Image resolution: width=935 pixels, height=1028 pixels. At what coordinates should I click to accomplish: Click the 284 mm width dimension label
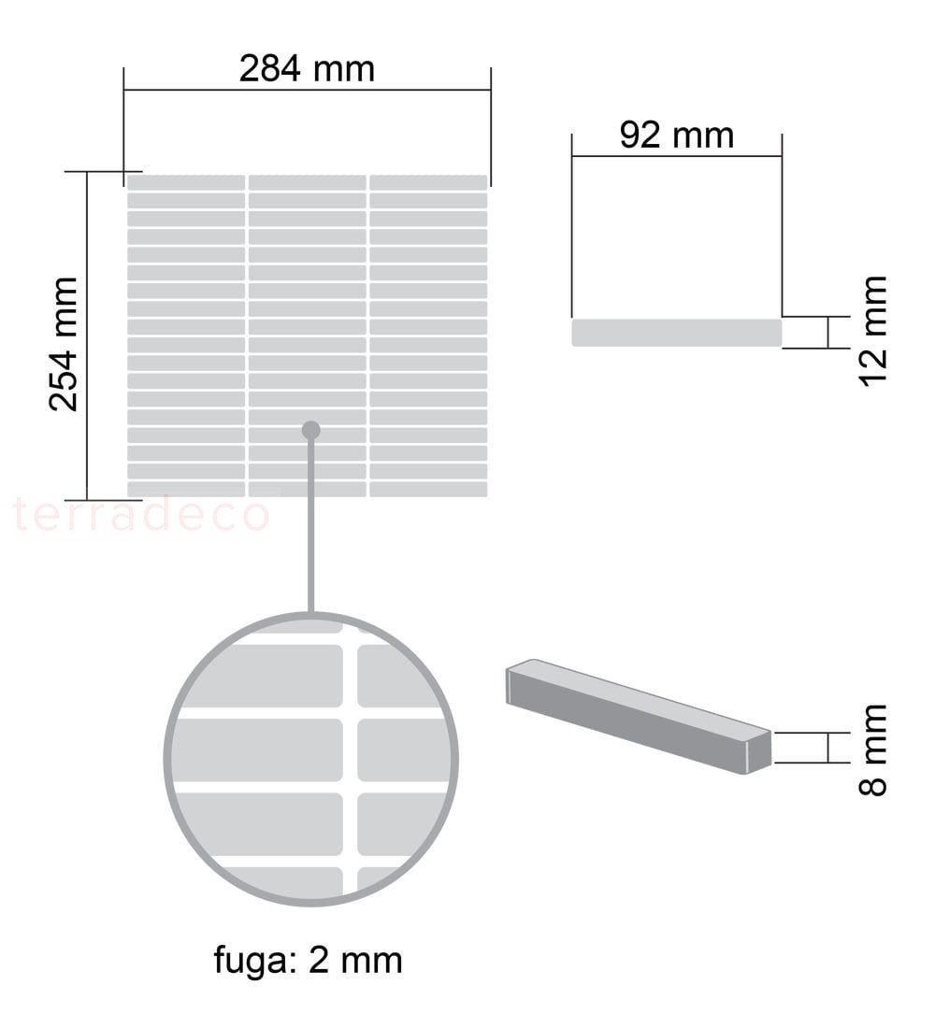(307, 69)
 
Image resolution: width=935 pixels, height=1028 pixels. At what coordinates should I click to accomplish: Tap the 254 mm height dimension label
(64, 344)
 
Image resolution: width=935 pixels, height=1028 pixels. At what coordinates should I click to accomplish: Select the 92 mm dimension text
(677, 136)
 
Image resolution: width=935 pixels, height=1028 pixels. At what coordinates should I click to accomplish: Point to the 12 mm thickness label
(873, 331)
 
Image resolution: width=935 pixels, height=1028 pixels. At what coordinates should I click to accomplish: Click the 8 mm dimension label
(873, 750)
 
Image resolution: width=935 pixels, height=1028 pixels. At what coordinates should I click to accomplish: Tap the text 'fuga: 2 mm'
(308, 961)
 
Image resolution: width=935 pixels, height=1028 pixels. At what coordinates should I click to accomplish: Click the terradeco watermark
(141, 515)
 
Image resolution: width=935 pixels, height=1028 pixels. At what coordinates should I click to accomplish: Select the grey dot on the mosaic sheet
(311, 431)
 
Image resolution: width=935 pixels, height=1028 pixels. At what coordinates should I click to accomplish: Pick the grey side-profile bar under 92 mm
(677, 333)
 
